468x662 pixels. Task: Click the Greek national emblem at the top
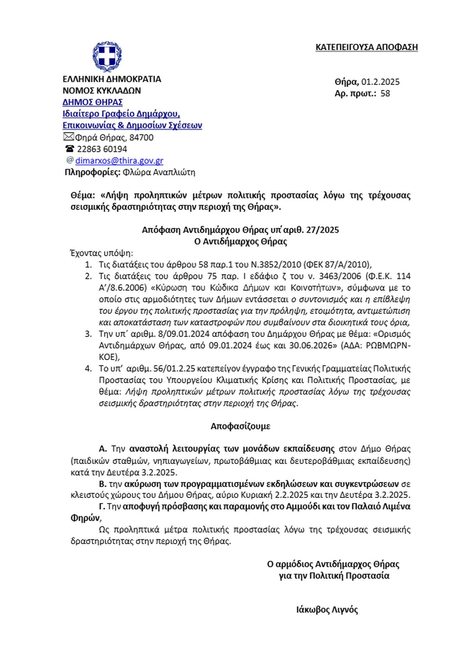pyautogui.click(x=107, y=56)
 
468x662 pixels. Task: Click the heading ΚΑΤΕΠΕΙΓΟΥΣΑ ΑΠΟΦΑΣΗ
pyautogui.click(x=366, y=47)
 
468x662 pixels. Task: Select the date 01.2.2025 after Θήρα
pyautogui.click(x=380, y=82)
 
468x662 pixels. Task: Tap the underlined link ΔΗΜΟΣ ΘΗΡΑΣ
pyautogui.click(x=93, y=102)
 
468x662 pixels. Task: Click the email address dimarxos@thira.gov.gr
pyautogui.click(x=119, y=160)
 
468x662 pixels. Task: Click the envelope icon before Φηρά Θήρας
pyautogui.click(x=68, y=137)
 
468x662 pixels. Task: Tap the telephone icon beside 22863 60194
pyautogui.click(x=69, y=149)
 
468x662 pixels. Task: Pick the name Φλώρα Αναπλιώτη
pyautogui.click(x=159, y=172)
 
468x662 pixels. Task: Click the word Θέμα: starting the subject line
pyautogui.click(x=83, y=195)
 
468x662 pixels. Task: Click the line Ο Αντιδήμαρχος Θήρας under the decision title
pyautogui.click(x=240, y=241)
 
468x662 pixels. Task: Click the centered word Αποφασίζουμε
pyautogui.click(x=240, y=426)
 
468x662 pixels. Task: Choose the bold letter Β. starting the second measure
pyautogui.click(x=102, y=484)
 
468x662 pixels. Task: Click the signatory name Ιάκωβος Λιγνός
pyautogui.click(x=327, y=610)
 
